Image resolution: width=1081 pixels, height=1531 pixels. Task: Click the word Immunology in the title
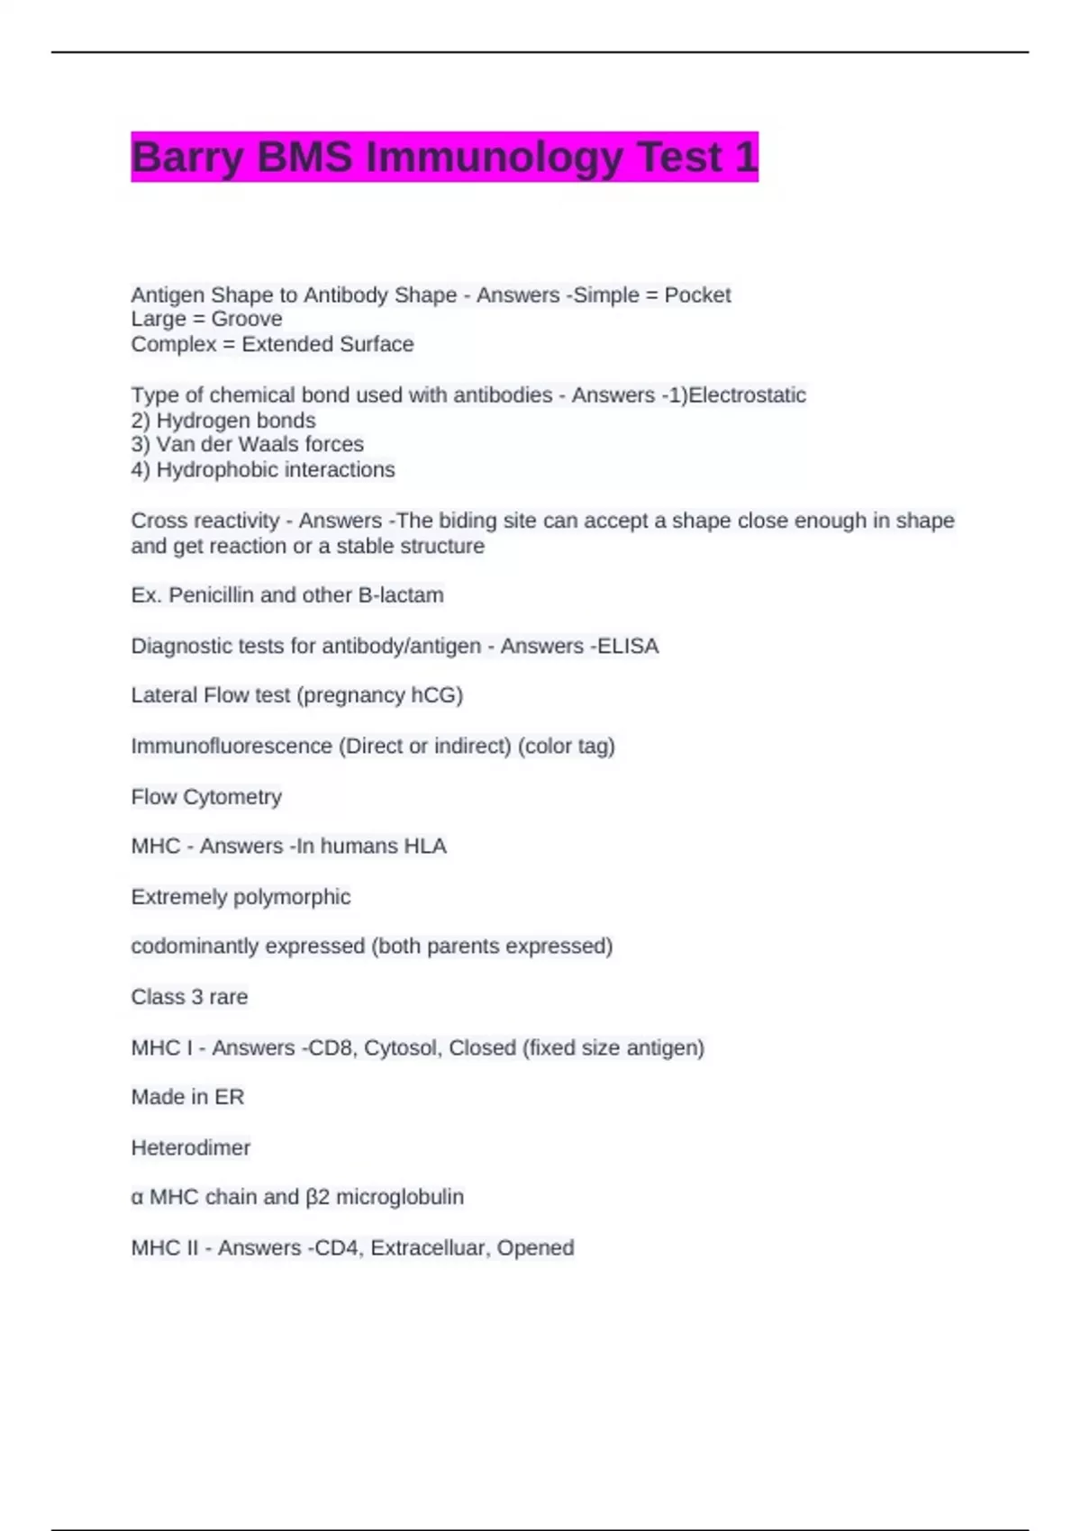[495, 158]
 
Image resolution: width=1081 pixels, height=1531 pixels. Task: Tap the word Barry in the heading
[187, 158]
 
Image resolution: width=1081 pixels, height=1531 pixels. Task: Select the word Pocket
[697, 295]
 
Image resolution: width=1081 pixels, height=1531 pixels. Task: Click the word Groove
[247, 319]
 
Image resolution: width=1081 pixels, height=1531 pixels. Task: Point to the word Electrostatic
[747, 395]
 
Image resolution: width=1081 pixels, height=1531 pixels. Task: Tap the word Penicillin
[212, 595]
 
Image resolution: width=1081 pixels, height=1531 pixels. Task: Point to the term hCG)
[437, 695]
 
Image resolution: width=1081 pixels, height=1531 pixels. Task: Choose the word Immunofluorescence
[232, 747]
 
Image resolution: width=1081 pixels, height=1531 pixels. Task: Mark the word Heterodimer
[191, 1148]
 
